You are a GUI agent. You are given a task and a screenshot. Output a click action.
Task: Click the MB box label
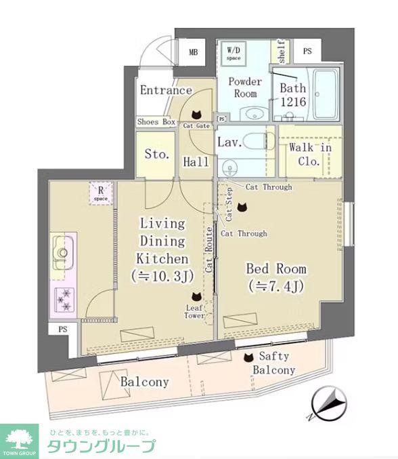(193, 52)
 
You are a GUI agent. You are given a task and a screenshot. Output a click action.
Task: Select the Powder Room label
(245, 87)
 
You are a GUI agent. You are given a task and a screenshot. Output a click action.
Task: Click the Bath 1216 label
(293, 95)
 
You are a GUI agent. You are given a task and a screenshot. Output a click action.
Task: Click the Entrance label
(166, 90)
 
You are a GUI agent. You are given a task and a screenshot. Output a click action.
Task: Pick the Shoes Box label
(156, 122)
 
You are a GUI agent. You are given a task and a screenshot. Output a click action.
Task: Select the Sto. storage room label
(157, 154)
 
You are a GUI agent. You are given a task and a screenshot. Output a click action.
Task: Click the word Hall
(196, 162)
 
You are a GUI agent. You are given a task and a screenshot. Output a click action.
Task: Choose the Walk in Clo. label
(310, 154)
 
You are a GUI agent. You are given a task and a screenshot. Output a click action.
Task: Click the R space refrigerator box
(100, 195)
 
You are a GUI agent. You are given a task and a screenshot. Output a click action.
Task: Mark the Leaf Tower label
(195, 312)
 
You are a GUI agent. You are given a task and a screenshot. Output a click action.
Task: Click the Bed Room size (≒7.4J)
(277, 286)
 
